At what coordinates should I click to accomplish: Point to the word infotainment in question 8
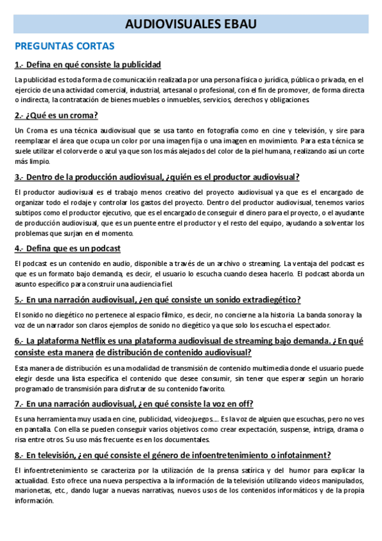tap(295, 455)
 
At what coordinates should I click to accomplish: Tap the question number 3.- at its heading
tap(20, 177)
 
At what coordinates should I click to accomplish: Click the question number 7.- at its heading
tap(20, 403)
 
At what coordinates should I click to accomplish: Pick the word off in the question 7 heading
tap(245, 403)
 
